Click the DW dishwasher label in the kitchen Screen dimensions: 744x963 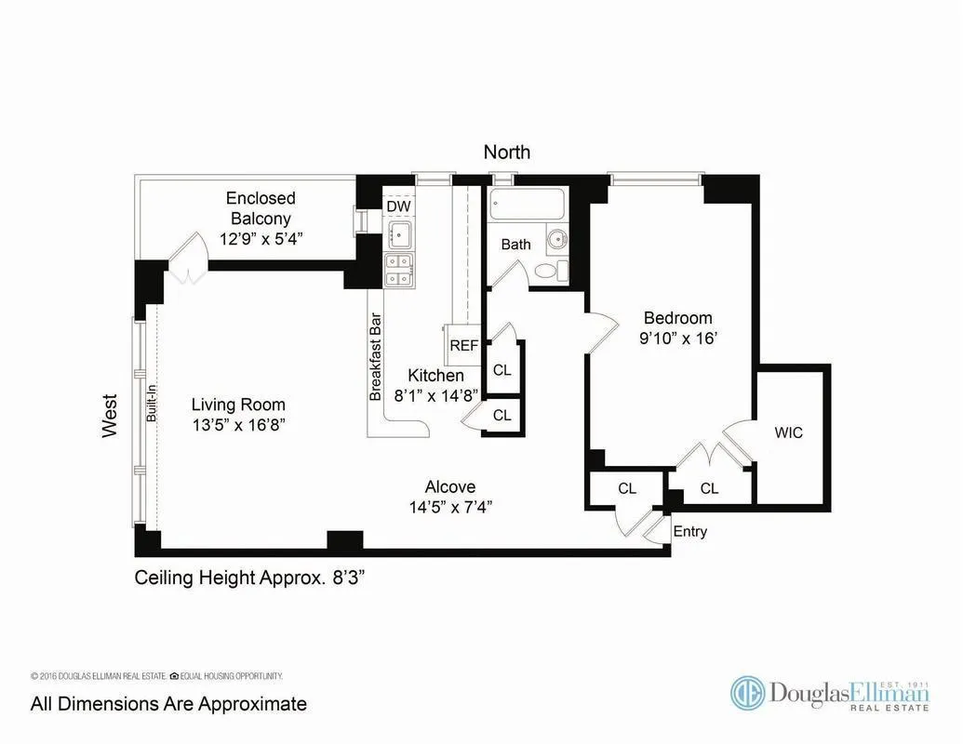(398, 206)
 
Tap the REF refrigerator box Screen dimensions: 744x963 (462, 345)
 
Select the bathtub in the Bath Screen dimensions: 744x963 (528, 204)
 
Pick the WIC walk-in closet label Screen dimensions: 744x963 (788, 432)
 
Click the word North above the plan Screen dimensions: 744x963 (506, 152)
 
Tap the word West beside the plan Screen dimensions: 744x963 (110, 416)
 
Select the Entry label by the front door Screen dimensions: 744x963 (689, 532)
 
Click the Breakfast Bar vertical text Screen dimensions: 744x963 (377, 355)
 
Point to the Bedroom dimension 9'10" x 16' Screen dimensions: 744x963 (677, 339)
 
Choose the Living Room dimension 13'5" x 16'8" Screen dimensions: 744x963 (238, 425)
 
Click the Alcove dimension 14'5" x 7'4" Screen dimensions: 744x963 (450, 507)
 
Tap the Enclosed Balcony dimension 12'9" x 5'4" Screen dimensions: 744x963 (261, 239)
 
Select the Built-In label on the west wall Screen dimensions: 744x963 (151, 406)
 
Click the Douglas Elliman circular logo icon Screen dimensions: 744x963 (747, 693)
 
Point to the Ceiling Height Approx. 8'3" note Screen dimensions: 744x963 (249, 577)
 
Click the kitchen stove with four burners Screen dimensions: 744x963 (400, 270)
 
